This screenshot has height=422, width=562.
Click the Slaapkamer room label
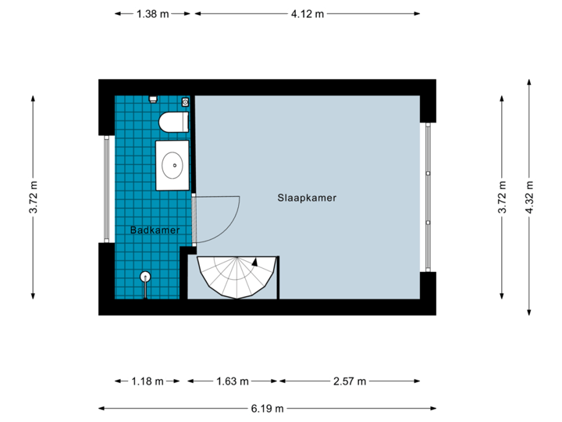(x=307, y=198)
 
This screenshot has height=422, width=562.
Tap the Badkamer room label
(x=155, y=231)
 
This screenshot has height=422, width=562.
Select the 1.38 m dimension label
(x=152, y=13)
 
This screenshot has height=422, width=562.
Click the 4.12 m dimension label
(x=307, y=13)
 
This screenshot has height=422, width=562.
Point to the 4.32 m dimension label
(x=530, y=197)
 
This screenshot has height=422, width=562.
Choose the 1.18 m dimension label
(x=148, y=381)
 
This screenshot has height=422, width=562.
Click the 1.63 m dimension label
(x=231, y=381)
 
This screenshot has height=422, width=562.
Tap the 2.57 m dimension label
(x=348, y=381)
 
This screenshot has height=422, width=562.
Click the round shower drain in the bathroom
(x=145, y=276)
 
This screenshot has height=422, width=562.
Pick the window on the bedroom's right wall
(x=427, y=197)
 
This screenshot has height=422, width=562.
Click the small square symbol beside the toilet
(x=185, y=102)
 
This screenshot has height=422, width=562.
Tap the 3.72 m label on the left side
(x=33, y=197)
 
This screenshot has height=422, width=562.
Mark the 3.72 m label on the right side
(x=503, y=197)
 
